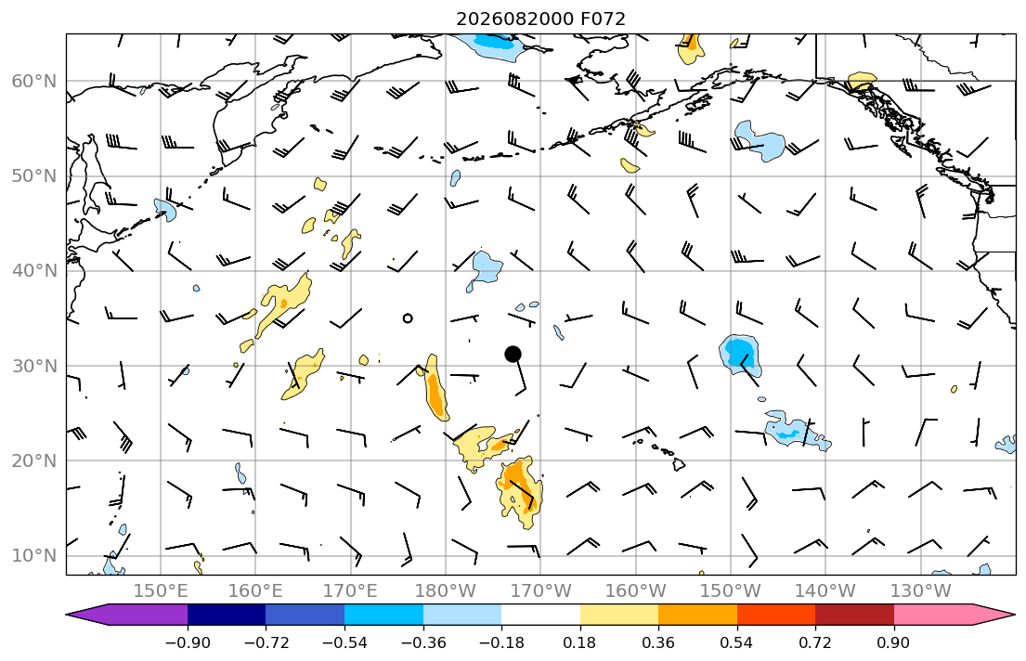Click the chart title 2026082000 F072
click(x=540, y=19)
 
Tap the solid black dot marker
click(x=513, y=354)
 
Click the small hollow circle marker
click(x=408, y=318)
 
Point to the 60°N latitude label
click(x=34, y=81)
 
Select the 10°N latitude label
click(x=34, y=556)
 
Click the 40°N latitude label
click(x=34, y=271)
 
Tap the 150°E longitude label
click(x=161, y=591)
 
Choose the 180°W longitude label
click(x=447, y=591)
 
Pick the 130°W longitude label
click(x=921, y=591)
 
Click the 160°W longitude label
click(x=636, y=591)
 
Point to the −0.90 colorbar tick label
click(x=188, y=642)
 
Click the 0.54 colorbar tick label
click(x=737, y=642)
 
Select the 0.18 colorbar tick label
click(x=579, y=642)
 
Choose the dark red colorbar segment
click(x=854, y=615)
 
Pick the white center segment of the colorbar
click(x=540, y=615)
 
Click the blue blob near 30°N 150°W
click(x=741, y=356)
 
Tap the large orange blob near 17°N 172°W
click(x=520, y=491)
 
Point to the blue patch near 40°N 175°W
click(x=486, y=268)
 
